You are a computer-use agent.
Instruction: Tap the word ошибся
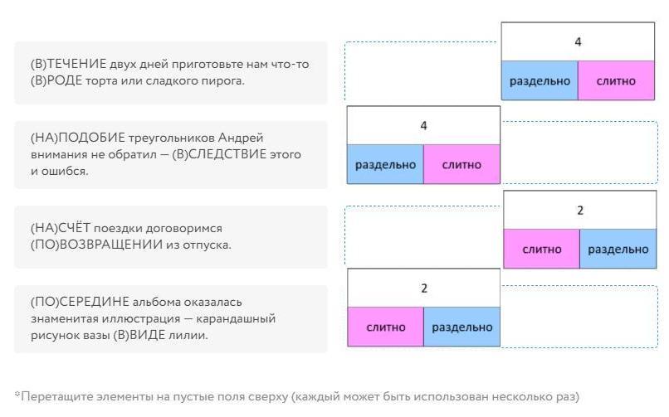[x=68, y=171]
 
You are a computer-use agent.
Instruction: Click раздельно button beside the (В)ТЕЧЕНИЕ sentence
[x=540, y=81]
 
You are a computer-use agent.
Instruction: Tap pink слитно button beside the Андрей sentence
[x=461, y=164]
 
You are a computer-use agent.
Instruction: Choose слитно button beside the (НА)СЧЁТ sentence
[x=541, y=249]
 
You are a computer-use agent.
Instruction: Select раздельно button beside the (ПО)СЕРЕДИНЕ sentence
[x=461, y=327]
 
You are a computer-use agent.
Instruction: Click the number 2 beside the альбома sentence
[x=423, y=289]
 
